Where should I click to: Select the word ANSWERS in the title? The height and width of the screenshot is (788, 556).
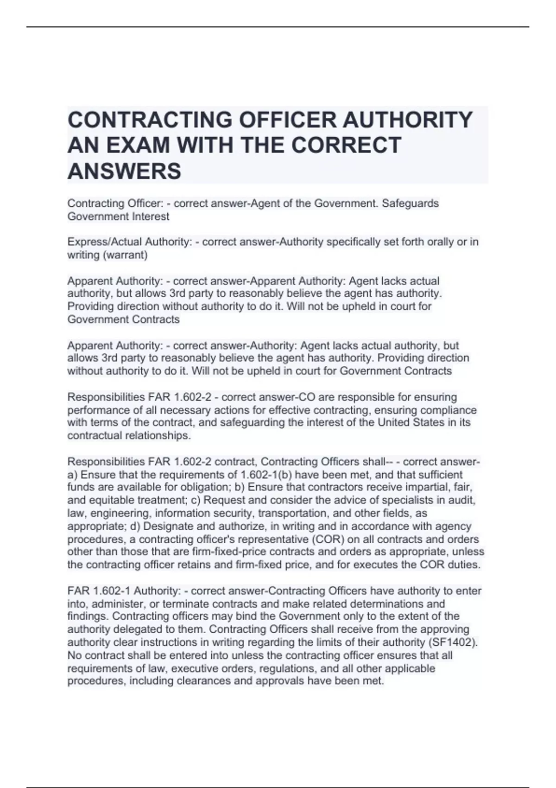tap(124, 171)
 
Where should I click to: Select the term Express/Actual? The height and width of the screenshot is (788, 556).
tap(104, 242)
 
